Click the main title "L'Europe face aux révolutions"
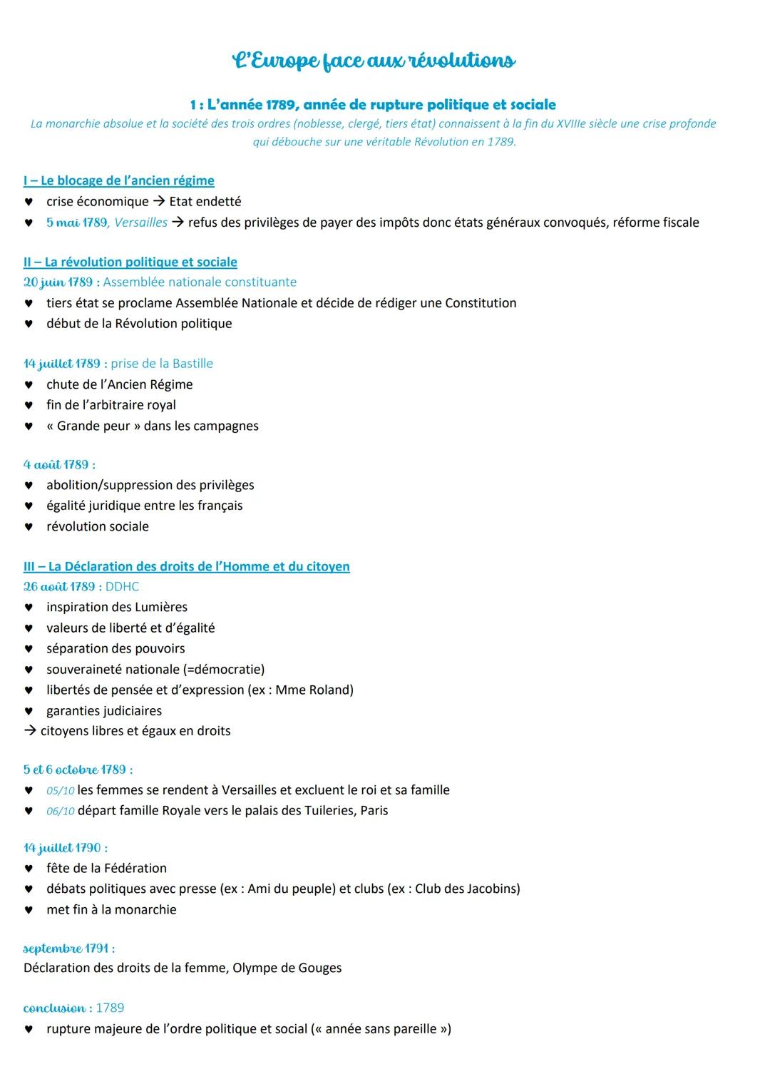point(374,61)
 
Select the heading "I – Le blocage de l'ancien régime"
point(118,180)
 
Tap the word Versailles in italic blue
point(141,223)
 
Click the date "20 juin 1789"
point(58,282)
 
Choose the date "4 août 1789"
point(56,465)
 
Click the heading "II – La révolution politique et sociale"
point(130,262)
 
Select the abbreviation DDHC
point(122,587)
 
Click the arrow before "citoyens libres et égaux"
point(30,731)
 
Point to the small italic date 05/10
point(61,791)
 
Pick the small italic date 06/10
point(61,812)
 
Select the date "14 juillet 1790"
point(62,848)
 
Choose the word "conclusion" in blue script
point(54,1008)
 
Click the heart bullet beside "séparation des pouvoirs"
point(29,649)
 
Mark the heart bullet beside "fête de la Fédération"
point(29,869)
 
